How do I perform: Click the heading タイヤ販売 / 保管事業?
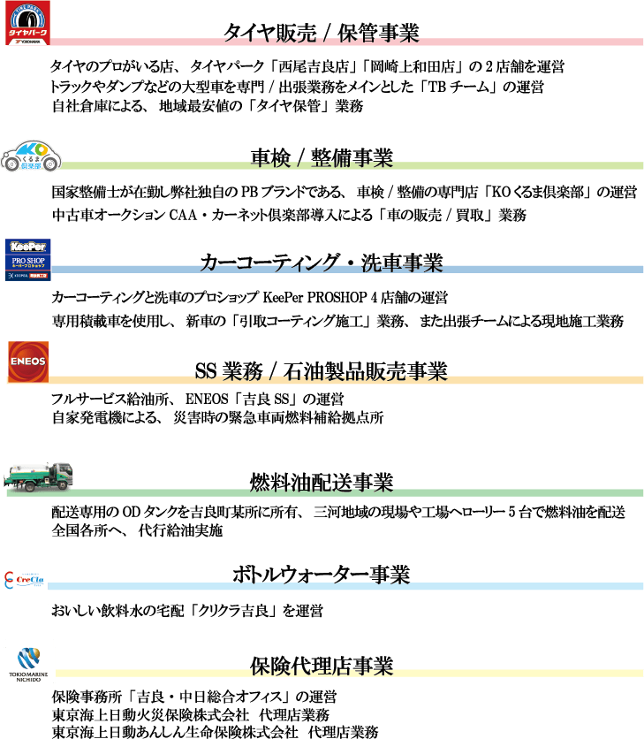click(x=321, y=34)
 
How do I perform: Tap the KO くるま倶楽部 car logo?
click(x=32, y=156)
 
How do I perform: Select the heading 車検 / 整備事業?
click(x=322, y=158)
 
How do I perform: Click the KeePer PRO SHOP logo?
click(x=28, y=259)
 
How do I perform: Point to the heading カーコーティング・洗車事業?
click(x=322, y=263)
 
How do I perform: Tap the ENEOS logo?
click(x=27, y=362)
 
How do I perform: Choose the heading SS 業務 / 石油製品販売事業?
click(x=321, y=369)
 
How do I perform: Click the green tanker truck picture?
click(x=39, y=476)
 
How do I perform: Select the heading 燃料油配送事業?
click(x=322, y=483)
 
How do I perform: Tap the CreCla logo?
click(x=24, y=579)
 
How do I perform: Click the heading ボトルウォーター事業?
click(x=322, y=575)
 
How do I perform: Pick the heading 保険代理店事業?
click(x=322, y=666)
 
